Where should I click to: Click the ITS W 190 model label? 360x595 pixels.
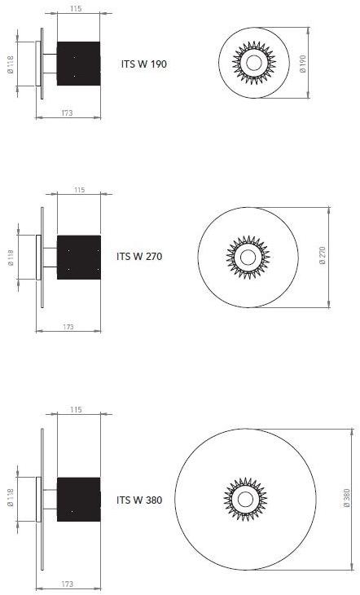pyautogui.click(x=143, y=64)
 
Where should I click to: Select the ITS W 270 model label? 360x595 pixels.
pyautogui.click(x=140, y=256)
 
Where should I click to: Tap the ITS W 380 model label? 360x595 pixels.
pyautogui.click(x=139, y=500)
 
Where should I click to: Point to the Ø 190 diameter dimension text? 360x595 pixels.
pyautogui.click(x=302, y=64)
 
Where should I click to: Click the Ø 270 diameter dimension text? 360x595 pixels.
pyautogui.click(x=323, y=256)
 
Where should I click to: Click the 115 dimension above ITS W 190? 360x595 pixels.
pyautogui.click(x=77, y=8)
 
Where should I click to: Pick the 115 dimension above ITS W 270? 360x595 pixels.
pyautogui.click(x=79, y=189)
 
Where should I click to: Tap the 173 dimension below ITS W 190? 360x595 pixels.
pyautogui.click(x=67, y=113)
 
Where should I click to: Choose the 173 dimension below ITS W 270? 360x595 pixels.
pyautogui.click(x=68, y=326)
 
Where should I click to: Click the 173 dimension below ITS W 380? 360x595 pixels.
pyautogui.click(x=68, y=584)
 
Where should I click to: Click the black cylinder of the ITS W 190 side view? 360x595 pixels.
pyautogui.click(x=79, y=63)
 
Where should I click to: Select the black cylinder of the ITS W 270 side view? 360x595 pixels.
pyautogui.click(x=79, y=256)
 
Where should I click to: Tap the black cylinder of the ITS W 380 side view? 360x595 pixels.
pyautogui.click(x=79, y=500)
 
